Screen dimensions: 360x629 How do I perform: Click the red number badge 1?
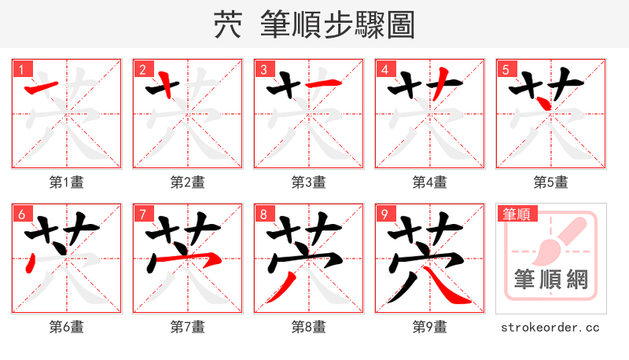pos(21,69)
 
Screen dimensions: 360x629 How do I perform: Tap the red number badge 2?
pos(142,69)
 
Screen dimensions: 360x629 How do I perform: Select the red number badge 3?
pos(263,69)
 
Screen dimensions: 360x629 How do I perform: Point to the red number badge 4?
pos(384,69)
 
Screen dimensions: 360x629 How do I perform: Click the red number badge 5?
pos(506,69)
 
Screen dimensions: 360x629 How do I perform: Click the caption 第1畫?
pos(67,182)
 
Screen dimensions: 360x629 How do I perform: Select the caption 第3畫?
pos(309,182)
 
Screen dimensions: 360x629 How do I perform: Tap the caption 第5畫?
pos(551,182)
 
